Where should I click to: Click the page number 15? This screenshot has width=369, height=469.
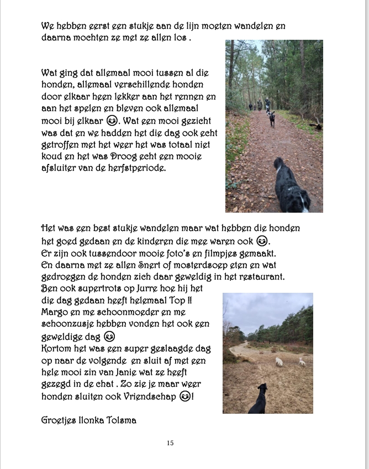pyautogui.click(x=170, y=443)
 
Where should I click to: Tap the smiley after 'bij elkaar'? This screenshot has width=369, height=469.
pyautogui.click(x=112, y=120)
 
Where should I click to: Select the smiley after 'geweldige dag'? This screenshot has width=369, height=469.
pyautogui.click(x=109, y=336)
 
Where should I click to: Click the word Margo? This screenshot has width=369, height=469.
pyautogui.click(x=53, y=312)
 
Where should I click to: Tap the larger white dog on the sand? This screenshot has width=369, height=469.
pyautogui.click(x=280, y=362)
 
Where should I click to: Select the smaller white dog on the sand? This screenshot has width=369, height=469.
pyautogui.click(x=302, y=362)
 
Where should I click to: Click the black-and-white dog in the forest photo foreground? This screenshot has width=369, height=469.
pyautogui.click(x=289, y=188)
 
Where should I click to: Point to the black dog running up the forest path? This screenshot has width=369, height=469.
pyautogui.click(x=272, y=118)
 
